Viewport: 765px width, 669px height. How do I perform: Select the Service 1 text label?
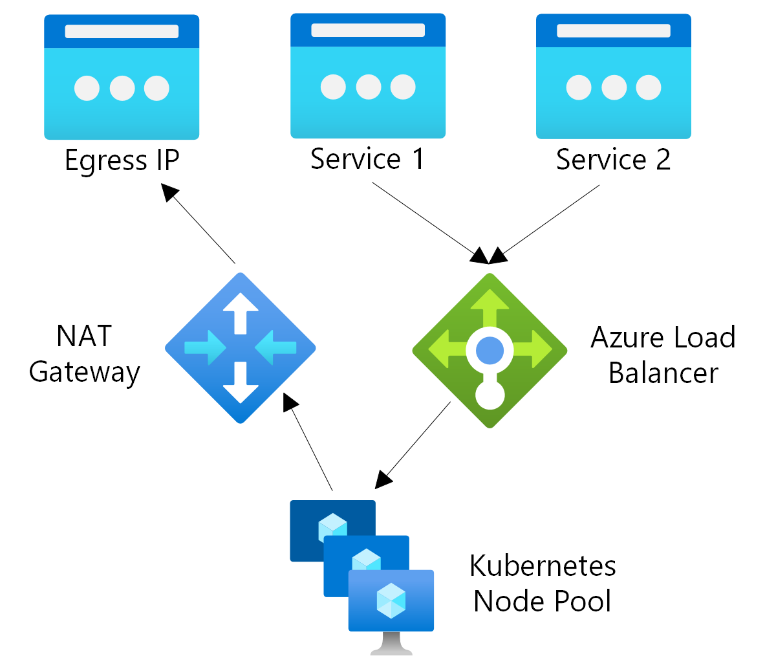point(367,159)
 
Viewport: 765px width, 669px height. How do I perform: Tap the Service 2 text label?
point(613,160)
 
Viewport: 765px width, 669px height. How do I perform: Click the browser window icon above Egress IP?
point(122,77)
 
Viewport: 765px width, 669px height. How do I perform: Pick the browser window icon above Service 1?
point(368,76)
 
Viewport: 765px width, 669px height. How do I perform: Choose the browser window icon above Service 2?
point(614,76)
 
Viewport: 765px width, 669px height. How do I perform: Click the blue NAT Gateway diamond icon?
point(241,348)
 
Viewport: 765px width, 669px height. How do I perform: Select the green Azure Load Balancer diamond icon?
point(490,350)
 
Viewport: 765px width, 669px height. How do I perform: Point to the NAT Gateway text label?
point(85,355)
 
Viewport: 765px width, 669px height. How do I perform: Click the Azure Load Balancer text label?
point(663,355)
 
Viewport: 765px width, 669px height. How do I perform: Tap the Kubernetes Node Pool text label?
point(543,584)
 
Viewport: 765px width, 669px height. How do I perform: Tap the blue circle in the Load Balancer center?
point(490,350)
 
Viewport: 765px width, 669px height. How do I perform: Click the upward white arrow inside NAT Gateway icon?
point(241,313)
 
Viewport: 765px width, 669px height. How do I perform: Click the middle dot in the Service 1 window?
point(368,87)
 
